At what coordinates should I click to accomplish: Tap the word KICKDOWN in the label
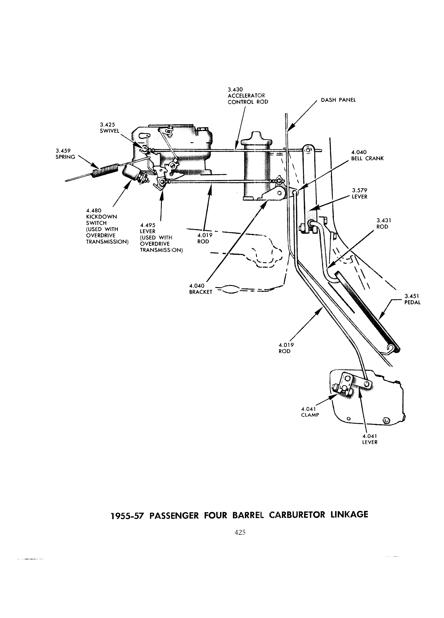(101, 217)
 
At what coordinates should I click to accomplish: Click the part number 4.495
(148, 225)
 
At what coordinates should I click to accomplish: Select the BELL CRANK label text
(367, 159)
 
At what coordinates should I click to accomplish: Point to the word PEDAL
(412, 302)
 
